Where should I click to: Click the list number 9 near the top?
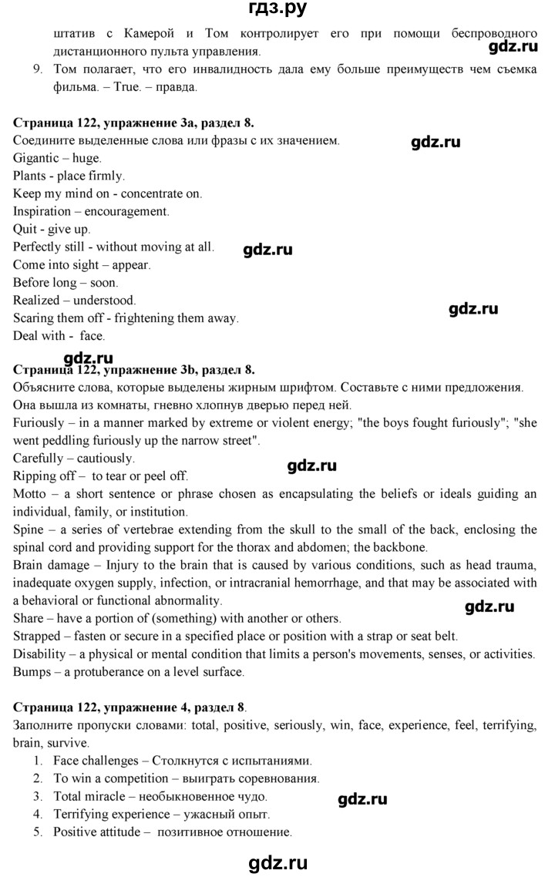click(x=37, y=70)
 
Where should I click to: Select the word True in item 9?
click(x=108, y=87)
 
